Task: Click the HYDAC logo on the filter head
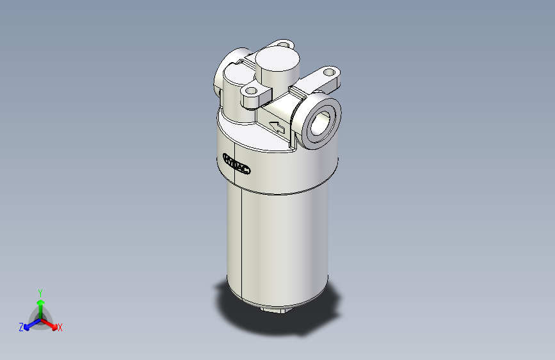(x=237, y=165)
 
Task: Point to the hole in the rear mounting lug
(x=285, y=44)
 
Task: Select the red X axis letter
(x=60, y=328)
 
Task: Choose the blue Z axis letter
(x=20, y=327)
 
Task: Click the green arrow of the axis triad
(x=40, y=304)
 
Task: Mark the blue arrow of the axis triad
(x=29, y=323)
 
